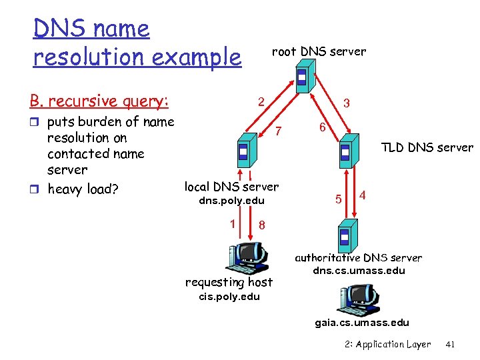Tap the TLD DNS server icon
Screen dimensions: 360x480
tap(346, 153)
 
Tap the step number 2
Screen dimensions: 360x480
tap(262, 102)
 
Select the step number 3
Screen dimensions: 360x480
tap(346, 104)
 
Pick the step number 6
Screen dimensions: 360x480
tap(321, 127)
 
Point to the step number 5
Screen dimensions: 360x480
tap(338, 198)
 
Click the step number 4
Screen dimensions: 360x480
tap(362, 195)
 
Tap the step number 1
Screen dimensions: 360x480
tap(232, 223)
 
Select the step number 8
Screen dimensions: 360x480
tap(261, 225)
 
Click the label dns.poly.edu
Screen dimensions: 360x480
tap(232, 201)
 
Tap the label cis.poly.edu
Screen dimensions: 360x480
tap(229, 297)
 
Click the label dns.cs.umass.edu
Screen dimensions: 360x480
tap(359, 271)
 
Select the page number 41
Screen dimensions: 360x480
tap(449, 345)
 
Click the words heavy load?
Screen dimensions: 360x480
tap(83, 189)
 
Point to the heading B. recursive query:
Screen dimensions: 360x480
tap(99, 101)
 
